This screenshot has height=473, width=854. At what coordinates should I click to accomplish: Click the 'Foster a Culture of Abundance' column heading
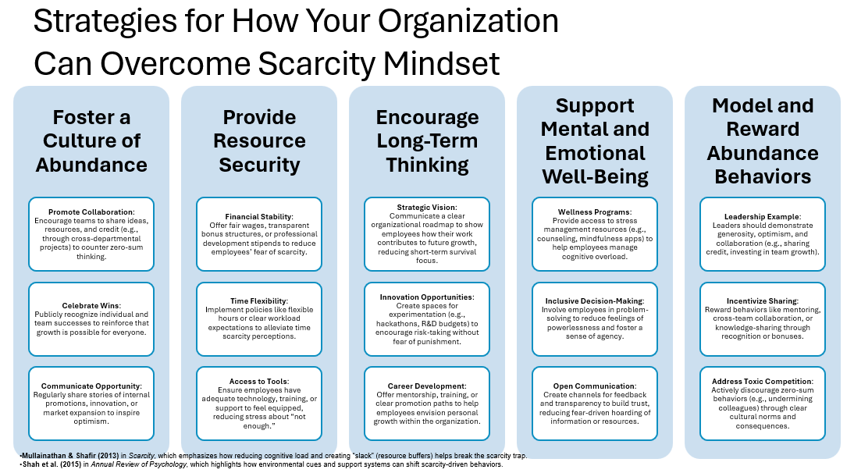coord(91,140)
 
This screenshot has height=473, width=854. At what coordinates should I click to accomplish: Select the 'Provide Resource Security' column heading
coord(259,140)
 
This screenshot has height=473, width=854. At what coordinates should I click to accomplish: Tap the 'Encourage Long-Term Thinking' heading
coord(426,140)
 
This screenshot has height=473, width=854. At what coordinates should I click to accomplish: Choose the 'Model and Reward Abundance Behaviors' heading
coord(762,140)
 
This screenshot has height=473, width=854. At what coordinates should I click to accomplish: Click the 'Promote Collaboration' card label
coord(91,212)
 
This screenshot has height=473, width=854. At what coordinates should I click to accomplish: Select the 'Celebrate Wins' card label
coord(91,305)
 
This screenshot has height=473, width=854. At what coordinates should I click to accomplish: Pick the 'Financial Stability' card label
coord(258,217)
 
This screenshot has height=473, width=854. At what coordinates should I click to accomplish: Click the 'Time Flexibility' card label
coord(258,301)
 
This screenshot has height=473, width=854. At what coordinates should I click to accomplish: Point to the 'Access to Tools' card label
coord(258,382)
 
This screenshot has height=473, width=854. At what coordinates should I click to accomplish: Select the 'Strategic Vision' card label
coord(426,207)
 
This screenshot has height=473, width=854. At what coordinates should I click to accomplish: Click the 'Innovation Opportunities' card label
coord(426,297)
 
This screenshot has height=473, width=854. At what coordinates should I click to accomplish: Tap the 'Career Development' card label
coord(426,386)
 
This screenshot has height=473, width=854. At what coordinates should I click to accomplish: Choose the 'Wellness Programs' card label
coord(594,212)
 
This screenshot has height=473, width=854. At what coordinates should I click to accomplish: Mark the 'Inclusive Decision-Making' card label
coord(594,301)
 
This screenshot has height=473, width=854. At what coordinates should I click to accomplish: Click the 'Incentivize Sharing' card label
coord(762,301)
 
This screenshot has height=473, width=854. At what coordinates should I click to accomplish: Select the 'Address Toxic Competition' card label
coord(762,382)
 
